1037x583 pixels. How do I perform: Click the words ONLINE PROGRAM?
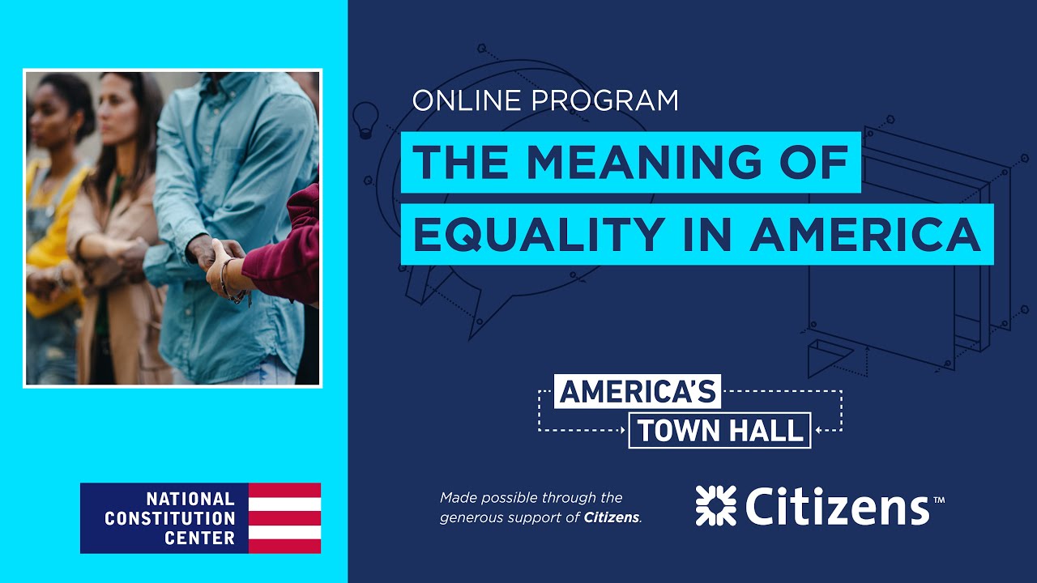click(544, 100)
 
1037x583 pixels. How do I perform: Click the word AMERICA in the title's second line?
click(865, 234)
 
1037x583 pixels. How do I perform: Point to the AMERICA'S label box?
click(638, 392)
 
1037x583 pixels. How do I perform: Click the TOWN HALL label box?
click(719, 431)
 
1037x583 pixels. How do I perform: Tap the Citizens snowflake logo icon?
click(715, 505)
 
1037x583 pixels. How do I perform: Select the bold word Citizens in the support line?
click(612, 517)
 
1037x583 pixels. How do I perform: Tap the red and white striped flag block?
click(284, 518)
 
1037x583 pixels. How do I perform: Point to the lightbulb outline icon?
click(366, 118)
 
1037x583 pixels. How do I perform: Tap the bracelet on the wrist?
click(230, 279)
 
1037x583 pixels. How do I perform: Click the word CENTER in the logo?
click(200, 538)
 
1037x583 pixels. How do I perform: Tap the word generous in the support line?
click(472, 517)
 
